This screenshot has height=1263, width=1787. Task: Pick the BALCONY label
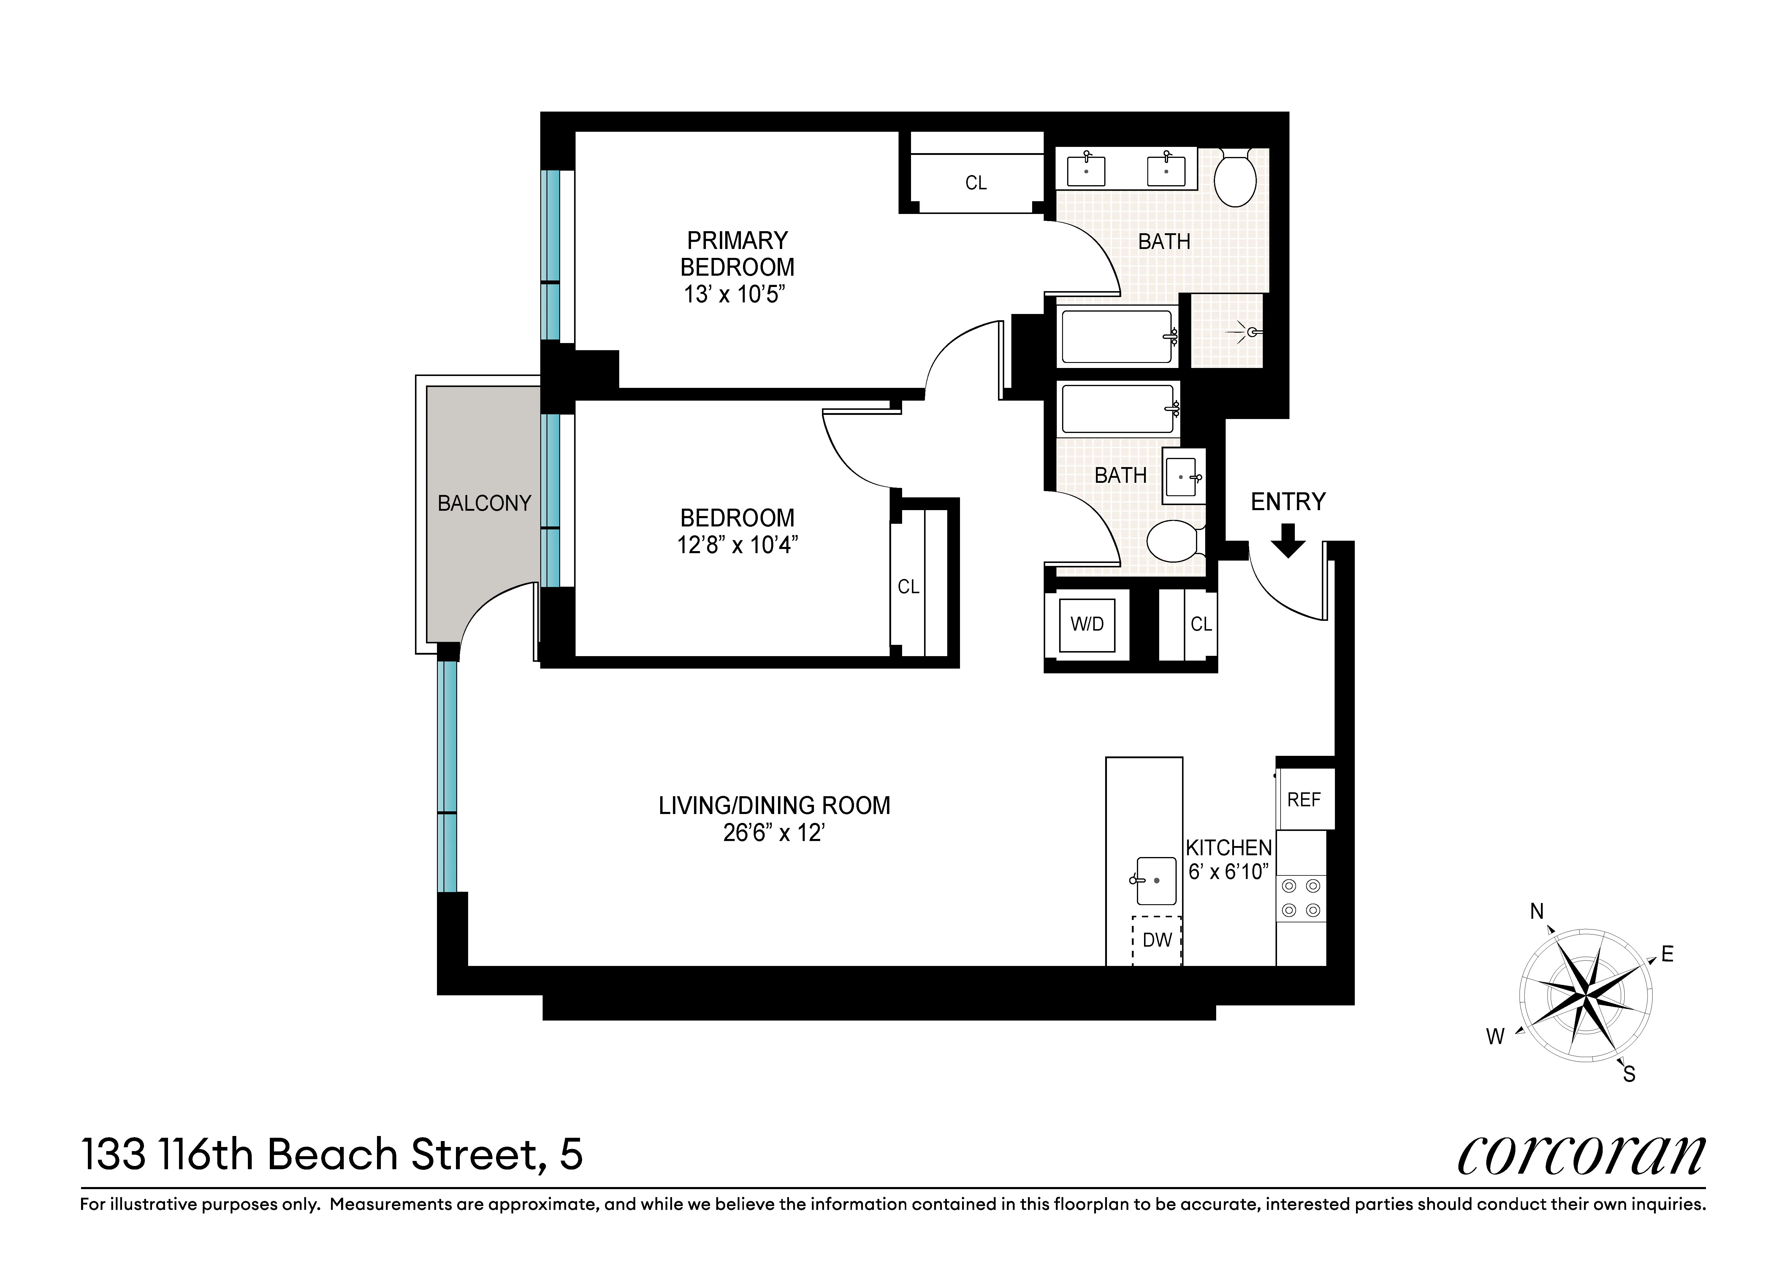pos(484,504)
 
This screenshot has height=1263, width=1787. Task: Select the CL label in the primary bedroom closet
pos(976,183)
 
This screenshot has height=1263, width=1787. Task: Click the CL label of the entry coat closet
pos(1201,624)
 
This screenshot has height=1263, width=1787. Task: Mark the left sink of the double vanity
pos(1086,170)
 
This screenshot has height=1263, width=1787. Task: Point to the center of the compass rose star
pos(1585,995)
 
